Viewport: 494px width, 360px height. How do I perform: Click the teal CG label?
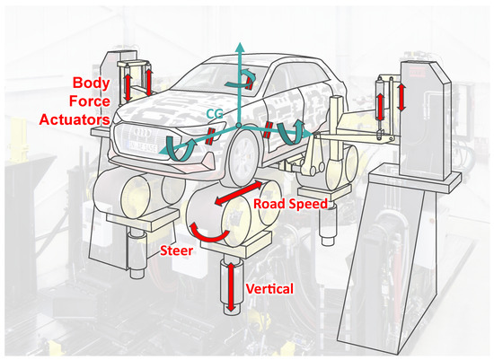pyautogui.click(x=215, y=113)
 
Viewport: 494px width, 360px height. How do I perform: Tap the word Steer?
pyautogui.click(x=176, y=250)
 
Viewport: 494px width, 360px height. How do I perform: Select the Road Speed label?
pyautogui.click(x=290, y=204)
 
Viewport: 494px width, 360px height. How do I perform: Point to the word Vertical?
pyautogui.click(x=269, y=288)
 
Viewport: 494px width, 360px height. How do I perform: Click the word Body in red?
pyautogui.click(x=92, y=83)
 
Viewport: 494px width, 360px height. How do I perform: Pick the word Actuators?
pyautogui.click(x=75, y=119)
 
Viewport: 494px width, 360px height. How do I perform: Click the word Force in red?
pyautogui.click(x=90, y=101)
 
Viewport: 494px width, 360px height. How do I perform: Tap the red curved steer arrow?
pyautogui.click(x=209, y=232)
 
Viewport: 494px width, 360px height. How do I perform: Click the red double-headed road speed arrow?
pyautogui.click(x=238, y=192)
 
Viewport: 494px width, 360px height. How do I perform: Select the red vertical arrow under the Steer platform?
pyautogui.click(x=231, y=287)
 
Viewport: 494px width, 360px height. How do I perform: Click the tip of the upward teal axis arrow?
pyautogui.click(x=240, y=42)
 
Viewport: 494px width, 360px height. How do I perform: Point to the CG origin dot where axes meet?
pyautogui.click(x=239, y=126)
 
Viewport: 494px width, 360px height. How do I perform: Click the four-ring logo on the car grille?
pyautogui.click(x=142, y=132)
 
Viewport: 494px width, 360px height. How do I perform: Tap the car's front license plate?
pyautogui.click(x=142, y=146)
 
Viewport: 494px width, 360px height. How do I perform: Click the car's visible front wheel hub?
pyautogui.click(x=243, y=156)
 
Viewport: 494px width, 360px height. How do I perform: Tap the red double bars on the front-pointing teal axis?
pyautogui.click(x=209, y=136)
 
